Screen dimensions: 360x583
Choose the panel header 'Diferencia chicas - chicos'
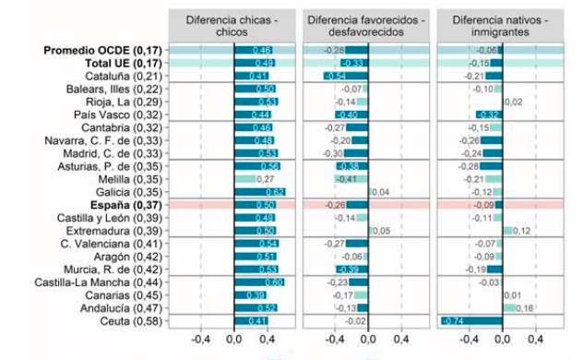tap(234, 25)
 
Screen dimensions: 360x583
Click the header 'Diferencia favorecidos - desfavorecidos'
tap(368, 25)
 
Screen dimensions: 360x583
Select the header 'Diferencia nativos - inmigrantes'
tap(503, 25)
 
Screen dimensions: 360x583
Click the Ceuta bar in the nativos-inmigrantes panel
tap(471, 320)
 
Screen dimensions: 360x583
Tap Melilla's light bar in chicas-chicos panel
tap(245, 178)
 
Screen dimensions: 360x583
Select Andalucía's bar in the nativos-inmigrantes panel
tap(509, 307)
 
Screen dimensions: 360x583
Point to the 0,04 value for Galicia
tap(382, 191)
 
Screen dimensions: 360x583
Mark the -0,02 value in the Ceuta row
tap(355, 320)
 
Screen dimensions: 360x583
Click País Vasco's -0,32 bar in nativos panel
tap(489, 114)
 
